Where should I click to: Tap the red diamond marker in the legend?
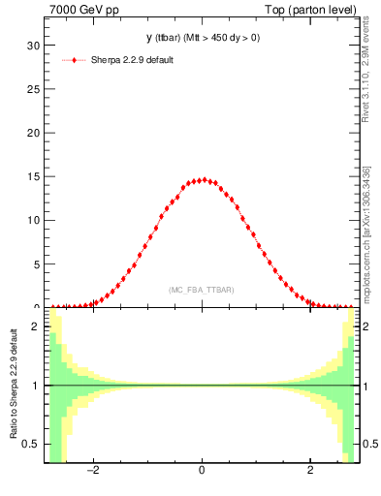(x=74, y=60)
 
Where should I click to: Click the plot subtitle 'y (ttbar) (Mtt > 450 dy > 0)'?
(x=202, y=38)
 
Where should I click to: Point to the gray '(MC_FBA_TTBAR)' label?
(x=201, y=290)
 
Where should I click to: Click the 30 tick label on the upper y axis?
(x=32, y=45)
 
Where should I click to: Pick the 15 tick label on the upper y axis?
(x=32, y=175)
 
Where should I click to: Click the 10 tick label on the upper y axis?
(x=32, y=220)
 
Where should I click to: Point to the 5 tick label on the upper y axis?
(x=35, y=263)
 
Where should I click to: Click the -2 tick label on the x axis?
(x=93, y=472)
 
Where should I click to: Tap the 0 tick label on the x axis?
(x=202, y=472)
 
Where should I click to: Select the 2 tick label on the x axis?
(x=310, y=472)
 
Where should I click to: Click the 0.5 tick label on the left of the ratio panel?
(x=30, y=444)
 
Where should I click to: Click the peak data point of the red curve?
(x=202, y=180)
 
